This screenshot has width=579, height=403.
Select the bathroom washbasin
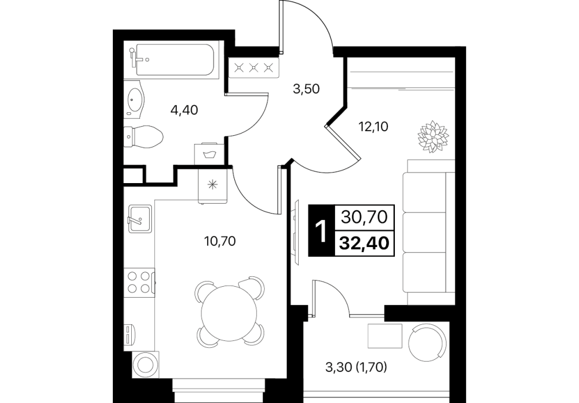[x=134, y=99]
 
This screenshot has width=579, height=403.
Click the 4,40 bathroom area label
[x=184, y=110]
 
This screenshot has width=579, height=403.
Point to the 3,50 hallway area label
[x=306, y=89]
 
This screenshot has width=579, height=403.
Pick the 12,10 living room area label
[x=374, y=127]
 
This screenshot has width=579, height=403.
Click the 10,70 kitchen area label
[x=220, y=241]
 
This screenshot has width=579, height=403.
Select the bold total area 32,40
[x=364, y=243]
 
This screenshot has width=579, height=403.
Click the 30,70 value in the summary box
[x=364, y=217]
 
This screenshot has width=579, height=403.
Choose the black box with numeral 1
[x=321, y=230]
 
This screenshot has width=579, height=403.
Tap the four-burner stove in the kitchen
[x=139, y=282]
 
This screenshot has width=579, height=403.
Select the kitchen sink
[x=140, y=219]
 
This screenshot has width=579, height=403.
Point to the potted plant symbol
[x=433, y=136]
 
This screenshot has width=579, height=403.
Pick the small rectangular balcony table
[x=385, y=336]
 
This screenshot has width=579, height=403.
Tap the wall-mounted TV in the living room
[x=296, y=231]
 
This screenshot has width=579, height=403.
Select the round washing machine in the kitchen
[x=146, y=364]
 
